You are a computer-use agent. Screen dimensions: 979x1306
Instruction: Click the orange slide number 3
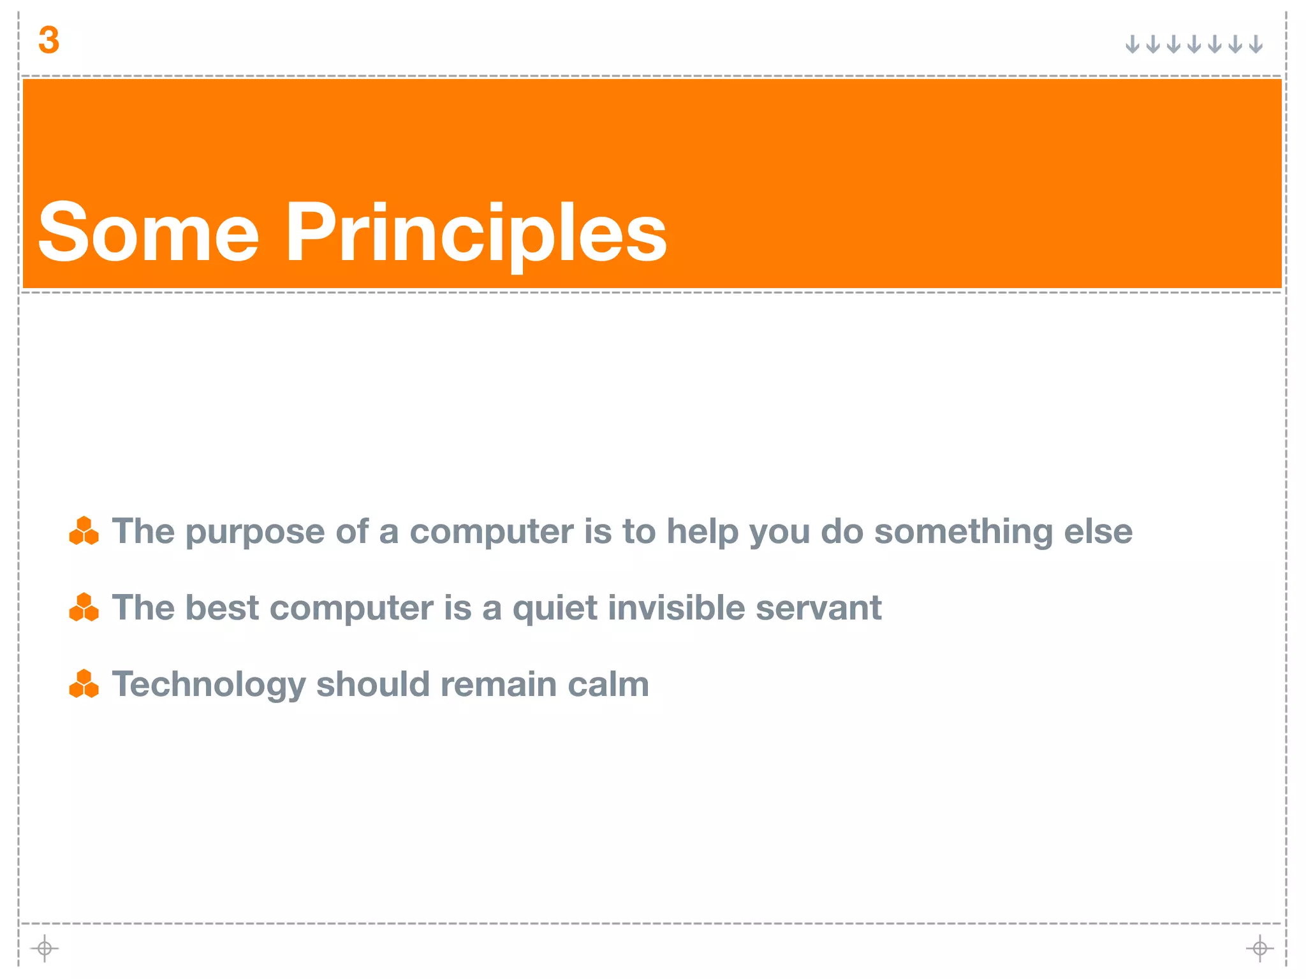click(48, 40)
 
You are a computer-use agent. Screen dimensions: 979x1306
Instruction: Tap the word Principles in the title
click(475, 233)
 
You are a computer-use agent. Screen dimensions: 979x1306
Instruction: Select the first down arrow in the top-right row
click(1132, 45)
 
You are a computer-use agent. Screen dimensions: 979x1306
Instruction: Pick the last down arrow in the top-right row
click(1256, 45)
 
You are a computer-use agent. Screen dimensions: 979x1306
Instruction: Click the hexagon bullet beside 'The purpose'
click(84, 531)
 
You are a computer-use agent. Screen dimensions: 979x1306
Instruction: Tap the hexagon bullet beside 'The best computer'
click(84, 607)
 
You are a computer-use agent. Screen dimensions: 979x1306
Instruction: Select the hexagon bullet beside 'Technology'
click(84, 684)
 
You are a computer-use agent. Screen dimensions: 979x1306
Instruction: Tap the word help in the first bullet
click(702, 532)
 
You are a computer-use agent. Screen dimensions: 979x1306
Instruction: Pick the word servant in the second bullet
click(818, 608)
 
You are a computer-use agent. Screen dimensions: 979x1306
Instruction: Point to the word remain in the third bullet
click(499, 684)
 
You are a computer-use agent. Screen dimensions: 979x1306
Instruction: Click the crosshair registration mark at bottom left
click(45, 948)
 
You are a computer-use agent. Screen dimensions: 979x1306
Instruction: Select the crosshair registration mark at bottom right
click(1259, 948)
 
